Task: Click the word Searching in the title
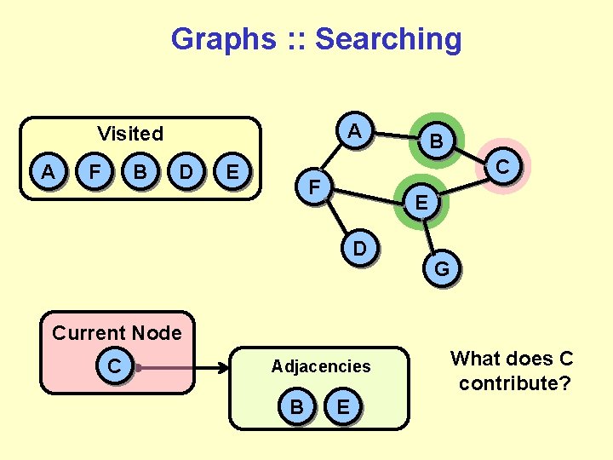point(388,38)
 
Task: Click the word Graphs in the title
point(222,38)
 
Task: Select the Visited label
point(130,133)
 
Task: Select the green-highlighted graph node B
point(435,141)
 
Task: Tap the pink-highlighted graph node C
point(503,166)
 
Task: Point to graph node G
point(442,269)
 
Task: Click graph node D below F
point(361,249)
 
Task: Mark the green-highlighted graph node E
point(421,203)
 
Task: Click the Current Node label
point(117,332)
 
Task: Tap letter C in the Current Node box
point(113,365)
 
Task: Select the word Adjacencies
point(321,366)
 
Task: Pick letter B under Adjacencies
point(296,407)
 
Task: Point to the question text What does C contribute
point(513,371)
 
